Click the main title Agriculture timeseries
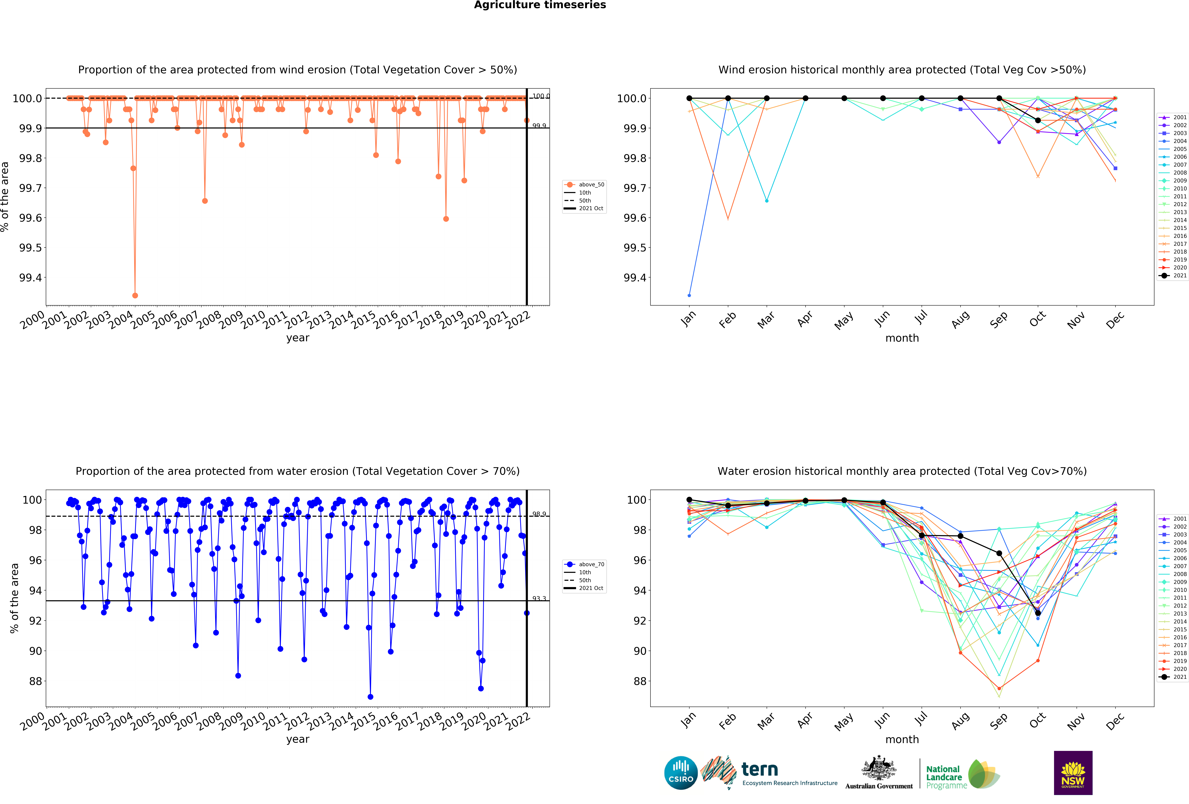(540, 5)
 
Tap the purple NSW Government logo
(1073, 773)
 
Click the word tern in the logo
(760, 769)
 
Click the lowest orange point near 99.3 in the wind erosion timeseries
(135, 295)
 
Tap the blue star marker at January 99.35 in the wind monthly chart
(689, 295)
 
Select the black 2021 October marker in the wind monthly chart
(1038, 120)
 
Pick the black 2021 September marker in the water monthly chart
(999, 553)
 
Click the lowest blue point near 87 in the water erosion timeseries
(370, 697)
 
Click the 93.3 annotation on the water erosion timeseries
(539, 598)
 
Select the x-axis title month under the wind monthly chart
(902, 338)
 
